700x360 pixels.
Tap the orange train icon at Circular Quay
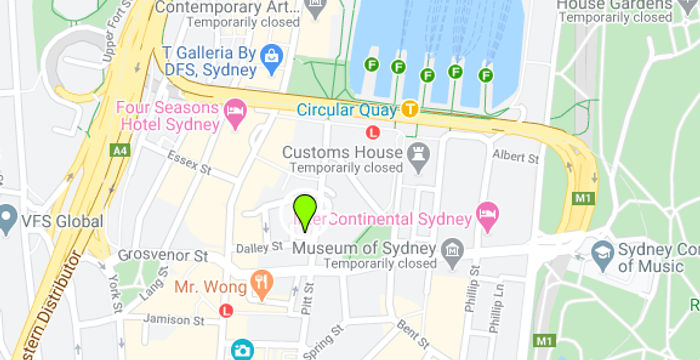(x=410, y=108)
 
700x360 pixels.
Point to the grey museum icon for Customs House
(x=418, y=154)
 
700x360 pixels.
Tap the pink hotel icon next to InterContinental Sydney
(x=487, y=214)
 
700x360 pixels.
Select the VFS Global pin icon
(x=8, y=217)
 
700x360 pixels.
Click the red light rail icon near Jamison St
(x=226, y=311)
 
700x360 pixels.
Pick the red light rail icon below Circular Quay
(x=373, y=131)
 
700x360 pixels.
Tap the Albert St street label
(x=516, y=157)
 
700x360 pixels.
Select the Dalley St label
(x=252, y=247)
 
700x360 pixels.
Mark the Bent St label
(x=412, y=329)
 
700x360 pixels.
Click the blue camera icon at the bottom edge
(x=242, y=350)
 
